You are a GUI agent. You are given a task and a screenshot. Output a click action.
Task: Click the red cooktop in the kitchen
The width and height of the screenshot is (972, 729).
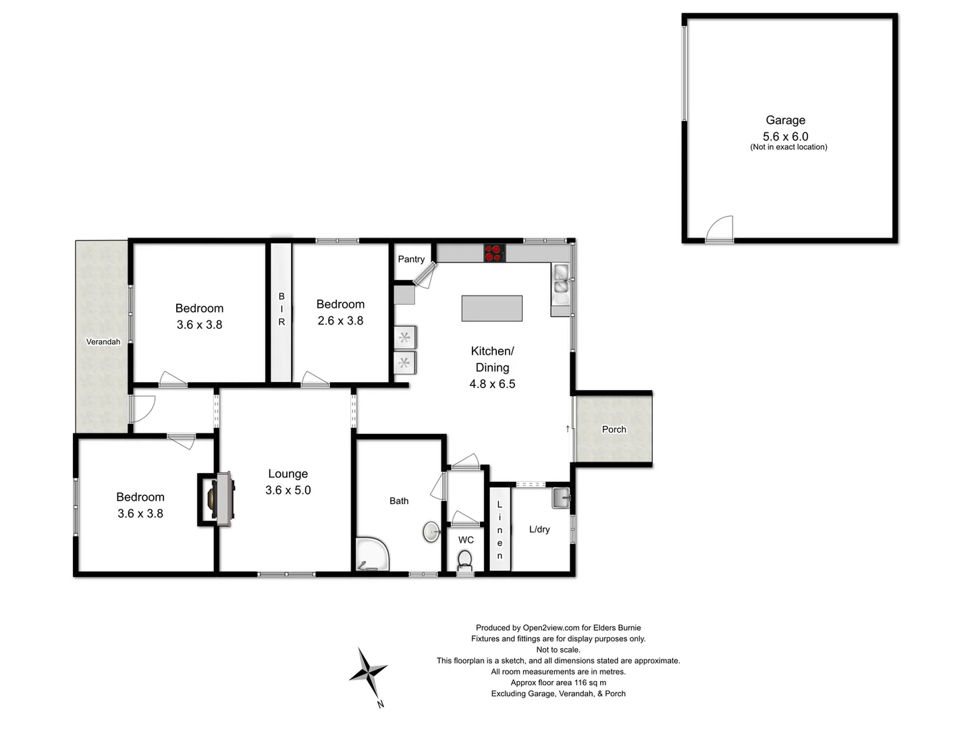(494, 252)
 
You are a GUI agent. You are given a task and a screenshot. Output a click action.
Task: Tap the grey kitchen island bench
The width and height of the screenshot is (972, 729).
(491, 308)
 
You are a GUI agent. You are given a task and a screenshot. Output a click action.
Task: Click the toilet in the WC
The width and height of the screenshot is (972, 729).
(465, 560)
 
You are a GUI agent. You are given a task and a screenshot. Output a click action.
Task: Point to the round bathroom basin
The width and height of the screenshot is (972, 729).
(432, 531)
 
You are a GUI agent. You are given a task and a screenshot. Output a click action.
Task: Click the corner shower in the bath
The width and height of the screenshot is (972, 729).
(371, 555)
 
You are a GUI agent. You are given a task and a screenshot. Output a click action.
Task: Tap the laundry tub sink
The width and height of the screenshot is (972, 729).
(561, 498)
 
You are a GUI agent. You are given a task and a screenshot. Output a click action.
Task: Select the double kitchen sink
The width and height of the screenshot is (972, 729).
(561, 279)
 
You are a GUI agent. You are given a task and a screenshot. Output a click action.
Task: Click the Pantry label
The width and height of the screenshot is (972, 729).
(411, 259)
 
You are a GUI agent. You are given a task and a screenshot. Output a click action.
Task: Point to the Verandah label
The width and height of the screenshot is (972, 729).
(103, 342)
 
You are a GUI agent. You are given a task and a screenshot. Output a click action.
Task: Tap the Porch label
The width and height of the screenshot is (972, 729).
(614, 429)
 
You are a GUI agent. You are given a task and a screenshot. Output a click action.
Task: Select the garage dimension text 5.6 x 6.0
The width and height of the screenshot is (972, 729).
(785, 136)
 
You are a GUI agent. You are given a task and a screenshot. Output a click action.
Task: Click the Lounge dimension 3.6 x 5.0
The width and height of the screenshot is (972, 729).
(288, 490)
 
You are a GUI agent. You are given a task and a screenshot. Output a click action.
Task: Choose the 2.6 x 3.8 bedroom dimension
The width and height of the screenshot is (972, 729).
(340, 321)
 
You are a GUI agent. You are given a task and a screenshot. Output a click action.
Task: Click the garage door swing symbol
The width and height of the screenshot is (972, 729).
(720, 230)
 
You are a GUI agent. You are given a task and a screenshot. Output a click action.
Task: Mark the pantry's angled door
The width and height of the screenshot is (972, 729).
(425, 275)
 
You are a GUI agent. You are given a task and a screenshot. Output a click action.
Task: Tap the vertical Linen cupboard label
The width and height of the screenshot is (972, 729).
(500, 530)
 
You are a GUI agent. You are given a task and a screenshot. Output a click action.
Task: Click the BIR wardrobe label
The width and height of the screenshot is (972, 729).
(281, 309)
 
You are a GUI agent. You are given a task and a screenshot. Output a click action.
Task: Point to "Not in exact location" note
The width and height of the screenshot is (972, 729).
(788, 147)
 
